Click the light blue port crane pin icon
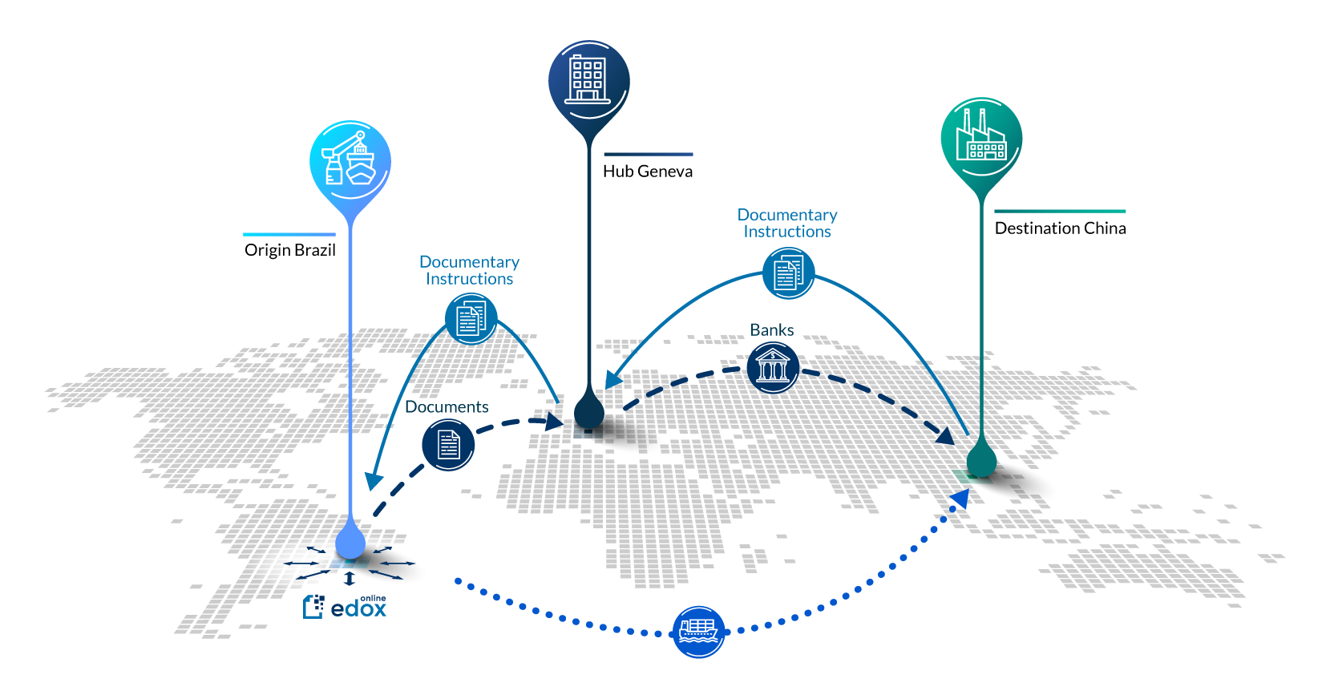point(350,162)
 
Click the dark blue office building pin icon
point(588,81)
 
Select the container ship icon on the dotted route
point(698,632)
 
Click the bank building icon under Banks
point(772,368)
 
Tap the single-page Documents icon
point(448,444)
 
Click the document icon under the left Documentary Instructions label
point(471,319)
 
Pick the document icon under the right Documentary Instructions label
point(788,273)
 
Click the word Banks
point(771,330)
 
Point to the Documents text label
point(447,407)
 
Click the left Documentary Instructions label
point(469,270)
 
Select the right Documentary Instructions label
point(787,223)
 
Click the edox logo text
point(358,608)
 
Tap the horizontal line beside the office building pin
point(648,155)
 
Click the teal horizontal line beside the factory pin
point(1060,212)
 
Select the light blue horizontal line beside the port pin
point(289,235)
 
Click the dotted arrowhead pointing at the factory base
point(960,499)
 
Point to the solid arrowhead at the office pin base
point(613,378)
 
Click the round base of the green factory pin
point(980,462)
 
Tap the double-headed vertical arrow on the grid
point(349,579)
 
